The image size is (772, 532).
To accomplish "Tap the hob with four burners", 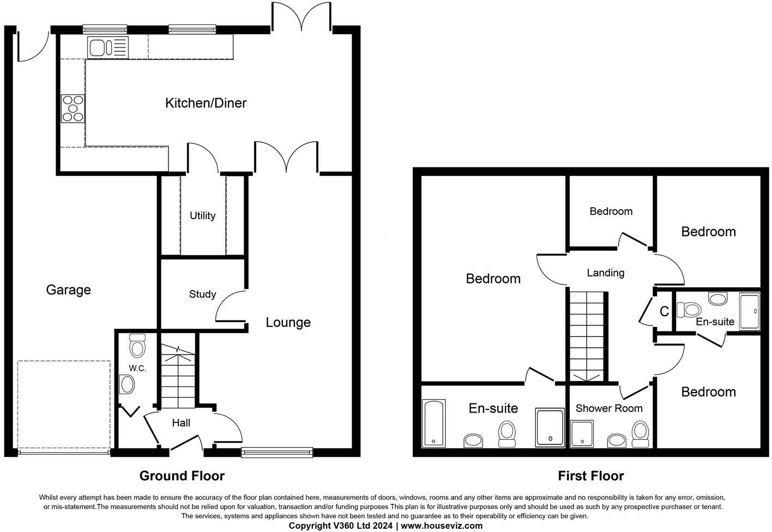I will [x=73, y=108].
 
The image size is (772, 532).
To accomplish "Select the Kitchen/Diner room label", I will [x=206, y=103].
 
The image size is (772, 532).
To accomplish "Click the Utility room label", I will [x=202, y=216].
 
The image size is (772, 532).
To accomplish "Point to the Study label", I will [x=202, y=294].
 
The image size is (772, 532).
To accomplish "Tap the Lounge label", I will [x=288, y=322].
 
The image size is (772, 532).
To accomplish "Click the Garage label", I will [x=68, y=290].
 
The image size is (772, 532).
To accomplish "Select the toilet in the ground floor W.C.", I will [x=137, y=346].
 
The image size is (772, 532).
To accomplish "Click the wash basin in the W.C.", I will [x=127, y=385].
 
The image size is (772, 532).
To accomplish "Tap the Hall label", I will [x=181, y=422].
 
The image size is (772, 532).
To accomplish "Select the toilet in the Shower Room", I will [x=640, y=433].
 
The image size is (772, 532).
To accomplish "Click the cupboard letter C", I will [x=664, y=312].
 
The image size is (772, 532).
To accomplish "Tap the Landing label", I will [x=605, y=273].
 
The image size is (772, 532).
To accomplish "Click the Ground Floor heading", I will [x=182, y=476].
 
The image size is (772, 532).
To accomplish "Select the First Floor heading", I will [x=590, y=476].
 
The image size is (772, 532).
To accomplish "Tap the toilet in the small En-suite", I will [x=688, y=310].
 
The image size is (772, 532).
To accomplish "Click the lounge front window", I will [x=277, y=451].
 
